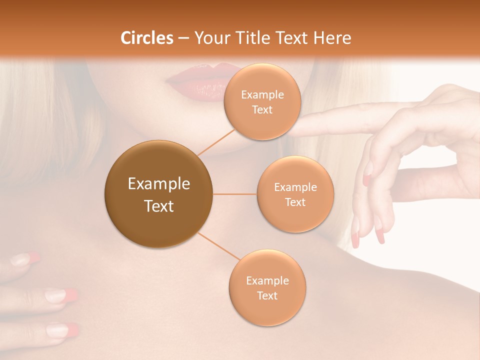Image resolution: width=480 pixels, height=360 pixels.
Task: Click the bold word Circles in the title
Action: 147,38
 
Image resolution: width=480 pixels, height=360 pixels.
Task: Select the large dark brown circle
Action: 159,194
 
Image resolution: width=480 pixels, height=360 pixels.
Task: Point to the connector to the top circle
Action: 216,142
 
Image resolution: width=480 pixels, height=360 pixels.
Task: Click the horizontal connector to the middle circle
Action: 235,194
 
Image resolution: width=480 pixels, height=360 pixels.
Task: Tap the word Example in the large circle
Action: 159,184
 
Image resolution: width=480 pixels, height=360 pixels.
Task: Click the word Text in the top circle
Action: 262,110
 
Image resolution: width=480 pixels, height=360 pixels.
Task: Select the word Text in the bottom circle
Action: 267,295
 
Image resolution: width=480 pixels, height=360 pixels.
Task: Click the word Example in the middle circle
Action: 295,187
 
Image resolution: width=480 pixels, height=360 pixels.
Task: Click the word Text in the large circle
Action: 159,206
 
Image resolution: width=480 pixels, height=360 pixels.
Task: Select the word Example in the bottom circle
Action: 267,281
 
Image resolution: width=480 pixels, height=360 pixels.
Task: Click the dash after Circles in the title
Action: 183,38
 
